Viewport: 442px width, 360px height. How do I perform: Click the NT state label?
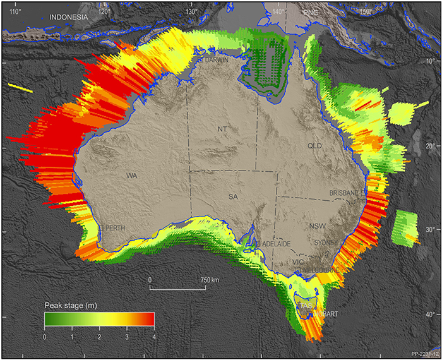tap(222, 129)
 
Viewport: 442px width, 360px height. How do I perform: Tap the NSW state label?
tap(318, 225)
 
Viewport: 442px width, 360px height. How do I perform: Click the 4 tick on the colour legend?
tap(153, 337)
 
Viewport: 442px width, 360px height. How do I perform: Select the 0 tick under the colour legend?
tap(44, 337)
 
